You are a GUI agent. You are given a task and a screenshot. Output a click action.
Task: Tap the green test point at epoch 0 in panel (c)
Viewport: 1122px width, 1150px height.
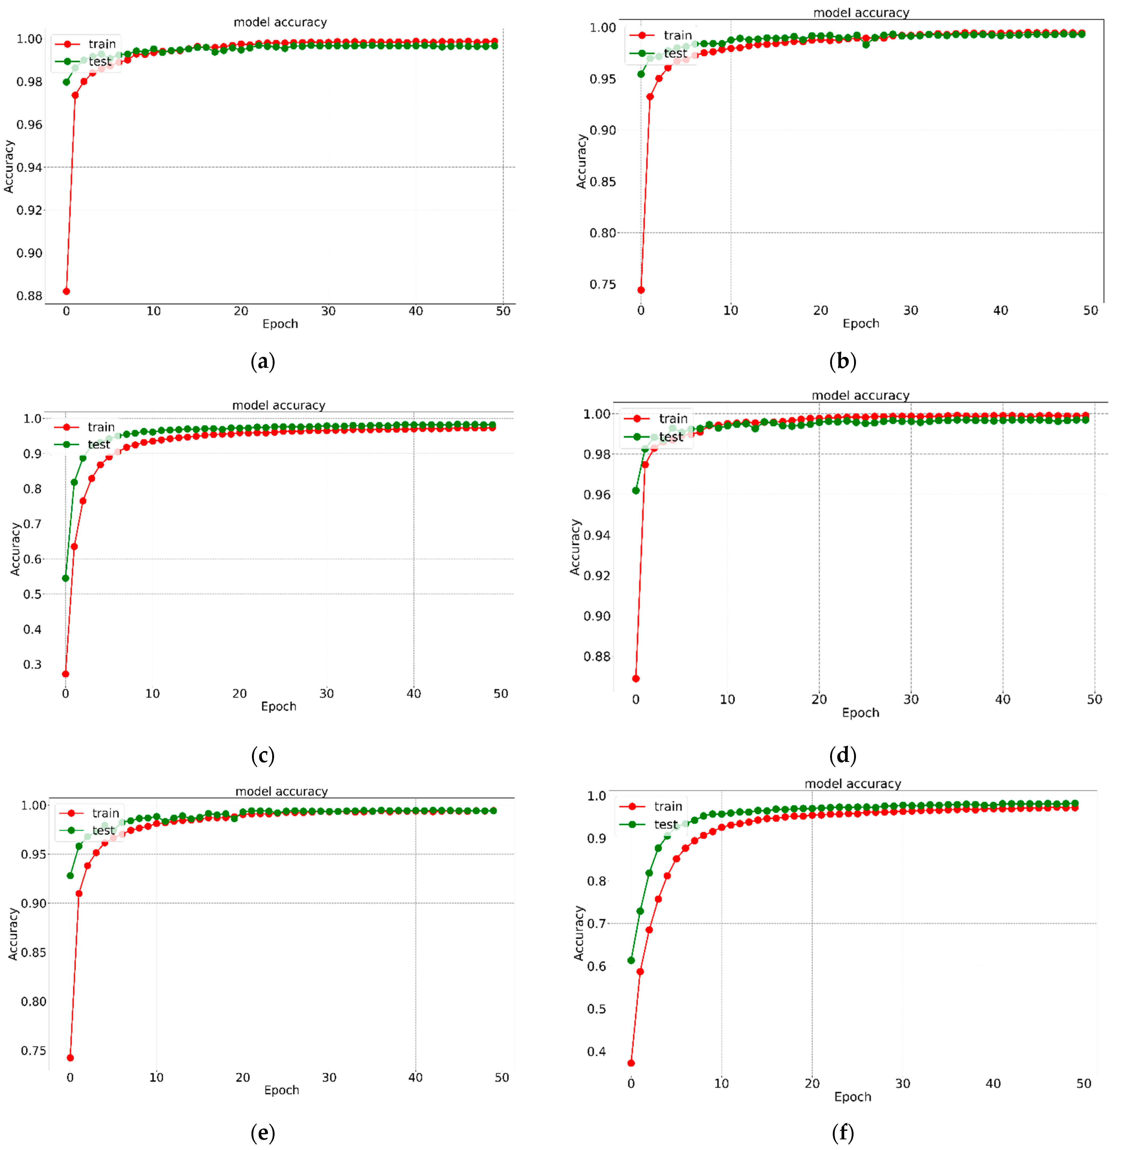click(65, 578)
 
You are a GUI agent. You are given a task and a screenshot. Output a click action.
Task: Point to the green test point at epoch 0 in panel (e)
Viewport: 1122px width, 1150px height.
click(70, 875)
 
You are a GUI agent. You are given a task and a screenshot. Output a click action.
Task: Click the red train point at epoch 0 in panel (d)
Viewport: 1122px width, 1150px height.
click(635, 678)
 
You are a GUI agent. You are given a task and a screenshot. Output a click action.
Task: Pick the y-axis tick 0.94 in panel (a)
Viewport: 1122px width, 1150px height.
click(30, 167)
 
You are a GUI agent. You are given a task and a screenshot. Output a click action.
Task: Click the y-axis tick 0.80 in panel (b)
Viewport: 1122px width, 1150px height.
click(603, 233)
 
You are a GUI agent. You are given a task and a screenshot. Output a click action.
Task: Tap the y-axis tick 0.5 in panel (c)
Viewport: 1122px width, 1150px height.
click(32, 594)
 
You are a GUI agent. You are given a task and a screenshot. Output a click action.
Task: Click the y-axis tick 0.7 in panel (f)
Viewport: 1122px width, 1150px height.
click(596, 923)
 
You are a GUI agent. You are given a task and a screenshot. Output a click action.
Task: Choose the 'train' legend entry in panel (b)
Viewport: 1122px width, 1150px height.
click(677, 35)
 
